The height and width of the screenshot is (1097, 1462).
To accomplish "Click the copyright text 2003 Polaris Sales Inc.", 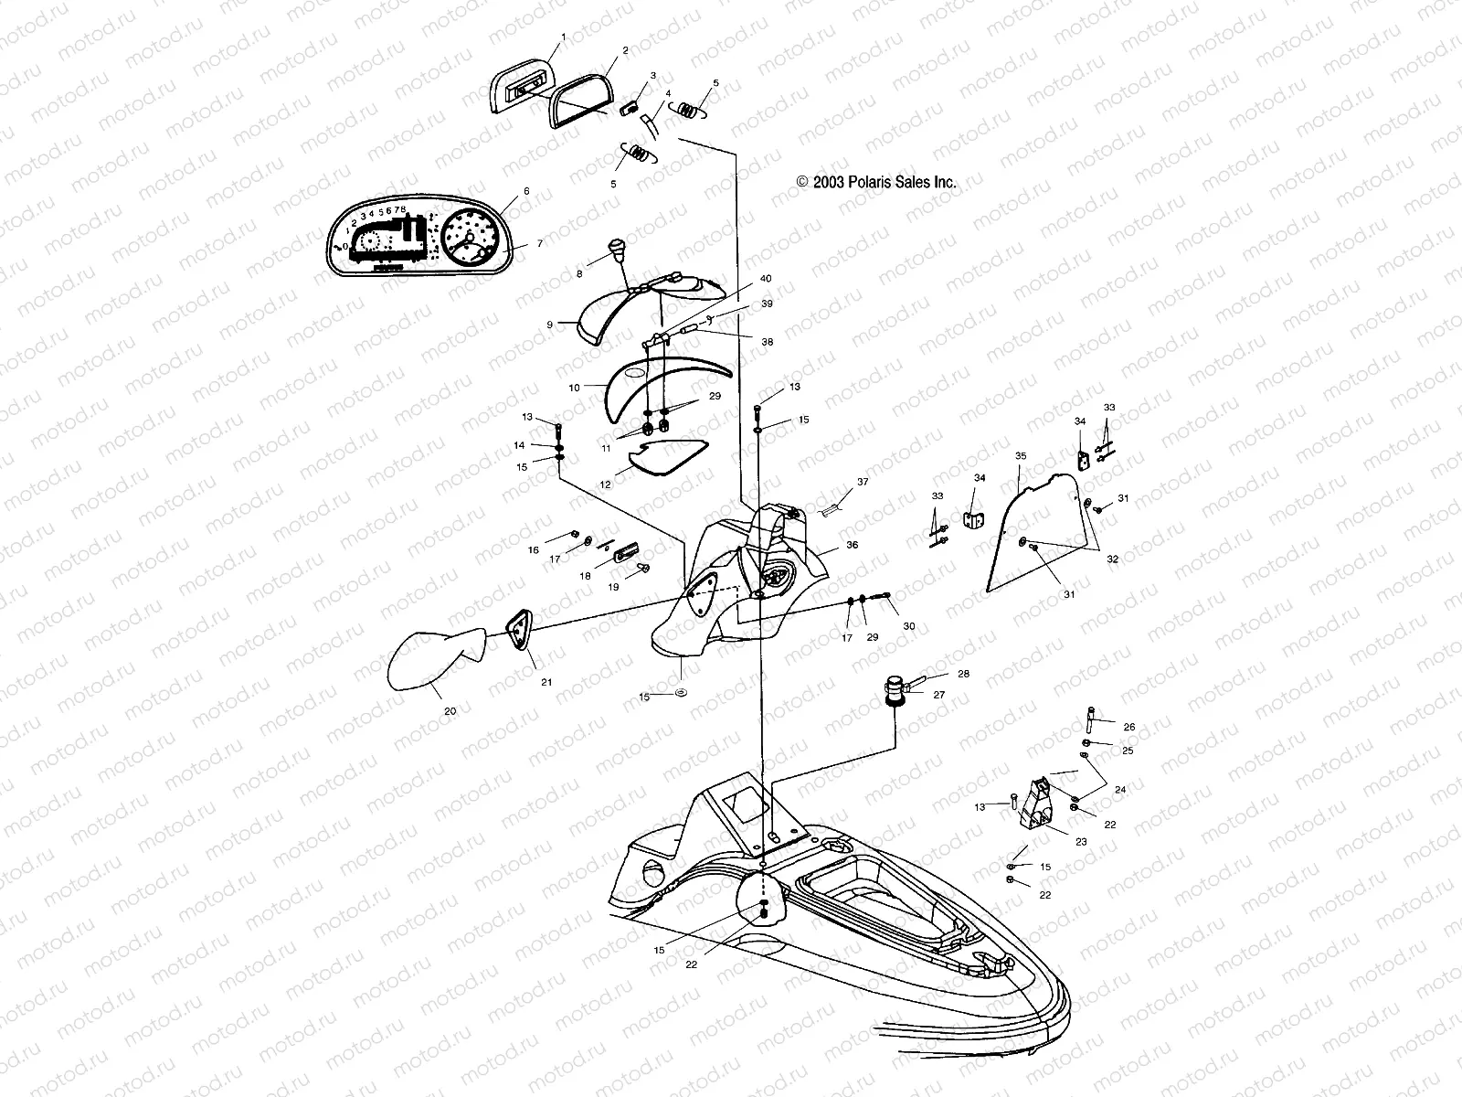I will (x=876, y=182).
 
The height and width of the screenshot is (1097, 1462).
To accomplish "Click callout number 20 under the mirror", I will (x=450, y=709).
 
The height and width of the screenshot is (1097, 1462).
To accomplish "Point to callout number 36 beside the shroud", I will (x=852, y=545).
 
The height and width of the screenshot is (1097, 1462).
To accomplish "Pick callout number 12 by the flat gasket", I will (x=605, y=485).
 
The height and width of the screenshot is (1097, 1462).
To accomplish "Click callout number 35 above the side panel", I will (x=1021, y=454).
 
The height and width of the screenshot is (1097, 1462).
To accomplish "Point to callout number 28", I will (x=963, y=674).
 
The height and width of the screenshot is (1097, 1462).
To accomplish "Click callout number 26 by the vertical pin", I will (x=1128, y=727).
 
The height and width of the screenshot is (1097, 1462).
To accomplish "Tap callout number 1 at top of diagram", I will (x=564, y=37).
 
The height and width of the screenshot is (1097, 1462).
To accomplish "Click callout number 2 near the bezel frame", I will (x=625, y=51).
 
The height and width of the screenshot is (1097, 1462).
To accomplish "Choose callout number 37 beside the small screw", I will (x=863, y=481).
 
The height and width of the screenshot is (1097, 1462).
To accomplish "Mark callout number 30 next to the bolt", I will (x=908, y=626).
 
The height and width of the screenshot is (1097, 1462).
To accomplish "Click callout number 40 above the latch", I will (x=766, y=278).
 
